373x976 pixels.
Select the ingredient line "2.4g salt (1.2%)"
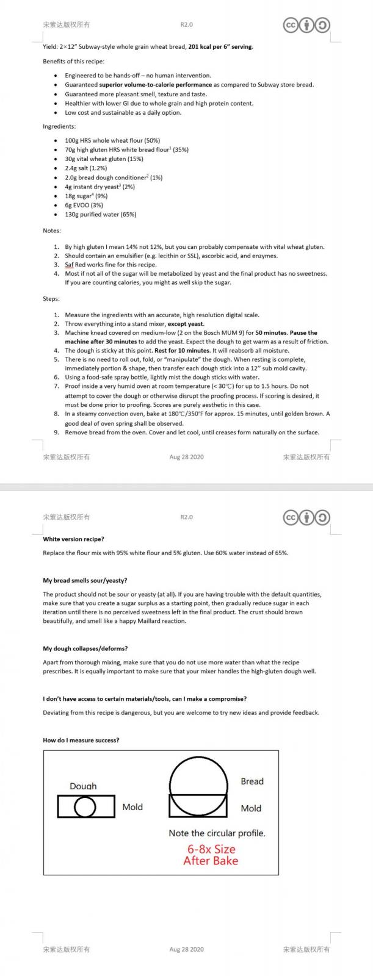tap(86, 168)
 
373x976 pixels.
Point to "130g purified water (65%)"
tap(100, 215)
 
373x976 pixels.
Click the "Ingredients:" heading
tap(59, 126)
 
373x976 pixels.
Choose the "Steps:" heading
tap(51, 299)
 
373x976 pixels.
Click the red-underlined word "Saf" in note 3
tap(70, 265)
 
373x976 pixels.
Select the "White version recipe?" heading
tap(73, 539)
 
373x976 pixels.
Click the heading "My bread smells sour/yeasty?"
tap(85, 581)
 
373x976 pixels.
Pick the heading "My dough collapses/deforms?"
tap(85, 648)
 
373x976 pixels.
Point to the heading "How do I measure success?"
tap(81, 741)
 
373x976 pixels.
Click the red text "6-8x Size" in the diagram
tap(211, 849)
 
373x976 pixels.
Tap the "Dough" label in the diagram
tap(83, 786)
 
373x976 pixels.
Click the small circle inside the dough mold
tap(85, 808)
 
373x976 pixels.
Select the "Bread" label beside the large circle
tap(252, 781)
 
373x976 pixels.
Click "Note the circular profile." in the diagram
tap(217, 833)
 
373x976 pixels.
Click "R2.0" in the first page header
tap(186, 25)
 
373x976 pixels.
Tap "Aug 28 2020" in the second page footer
tap(186, 949)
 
